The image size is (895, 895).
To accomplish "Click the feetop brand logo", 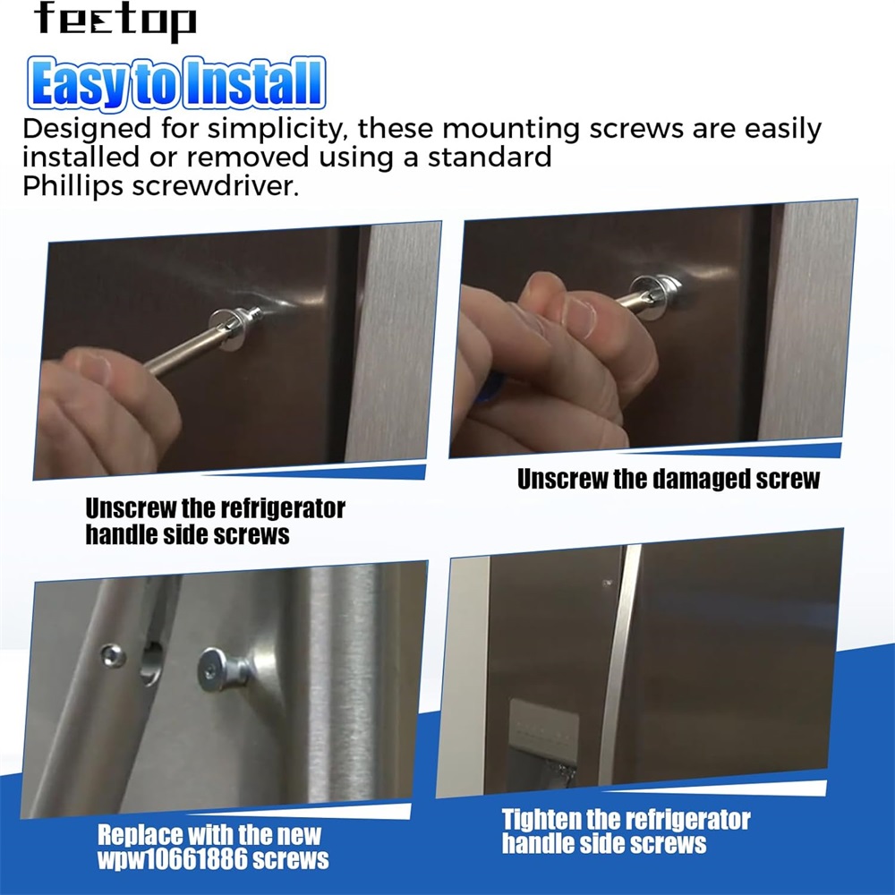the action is coord(115,21).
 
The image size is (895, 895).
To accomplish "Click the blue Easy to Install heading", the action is coord(176,82).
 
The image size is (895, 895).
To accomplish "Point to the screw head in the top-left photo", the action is coord(234,328).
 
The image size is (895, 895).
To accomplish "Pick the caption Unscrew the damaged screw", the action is coord(669,479).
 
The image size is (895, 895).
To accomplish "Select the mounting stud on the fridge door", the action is coord(223,669).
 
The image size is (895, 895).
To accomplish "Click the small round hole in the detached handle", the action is coord(113,655).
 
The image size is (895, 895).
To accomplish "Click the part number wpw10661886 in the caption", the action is coord(173,859).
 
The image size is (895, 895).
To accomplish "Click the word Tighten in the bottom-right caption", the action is coord(541,820).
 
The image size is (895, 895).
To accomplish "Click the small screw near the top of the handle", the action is coord(608,583).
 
